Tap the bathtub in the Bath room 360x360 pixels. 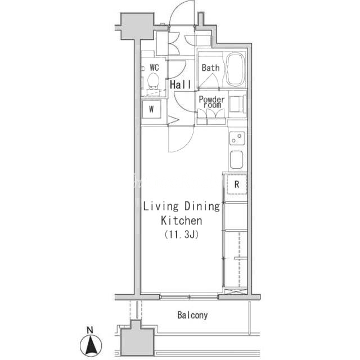click(235, 69)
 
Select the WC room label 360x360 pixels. click(154, 67)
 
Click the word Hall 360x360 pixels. click(180, 85)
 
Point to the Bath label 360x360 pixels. click(210, 67)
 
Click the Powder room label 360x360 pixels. click(211, 102)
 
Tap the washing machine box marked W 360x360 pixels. click(151, 109)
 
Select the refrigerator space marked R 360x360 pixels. click(237, 184)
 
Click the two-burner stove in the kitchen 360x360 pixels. click(237, 138)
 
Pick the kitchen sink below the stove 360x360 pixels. click(236, 160)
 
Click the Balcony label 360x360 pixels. click(192, 315)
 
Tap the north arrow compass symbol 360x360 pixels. click(91, 345)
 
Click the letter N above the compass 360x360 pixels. click(90, 330)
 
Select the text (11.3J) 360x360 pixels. click(181, 235)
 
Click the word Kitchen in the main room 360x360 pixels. click(181, 220)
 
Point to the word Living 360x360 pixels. click(160, 206)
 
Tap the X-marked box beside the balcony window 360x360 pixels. click(236, 291)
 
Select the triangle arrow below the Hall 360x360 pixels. click(173, 120)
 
